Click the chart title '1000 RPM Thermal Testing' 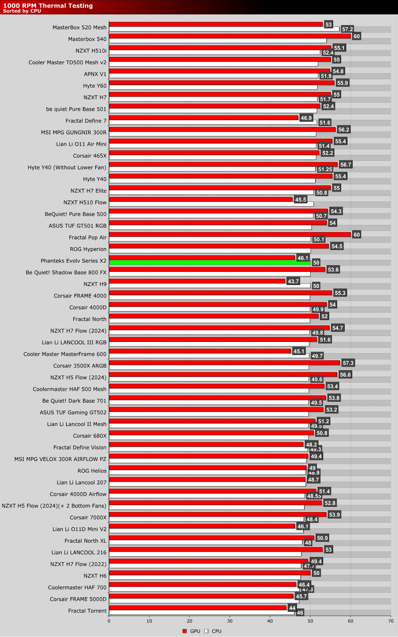coord(48,6)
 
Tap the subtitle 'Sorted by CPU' coord(22,11)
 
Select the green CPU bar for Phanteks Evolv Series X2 coord(209,263)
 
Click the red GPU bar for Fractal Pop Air coord(230,234)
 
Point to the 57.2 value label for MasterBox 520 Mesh coord(347,29)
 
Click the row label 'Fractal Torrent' coord(87,611)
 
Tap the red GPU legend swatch coord(184,631)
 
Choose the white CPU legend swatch coord(206,631)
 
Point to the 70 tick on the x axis coord(390,621)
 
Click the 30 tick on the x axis coord(230,621)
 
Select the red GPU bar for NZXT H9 coord(197,281)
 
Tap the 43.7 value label coord(293,281)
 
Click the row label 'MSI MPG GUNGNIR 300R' coord(74,133)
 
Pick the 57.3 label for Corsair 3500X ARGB coord(348,363)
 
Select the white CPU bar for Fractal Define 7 coord(213,122)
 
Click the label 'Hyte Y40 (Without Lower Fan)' coord(67,168)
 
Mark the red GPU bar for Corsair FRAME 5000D coord(201,596)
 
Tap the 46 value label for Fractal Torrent coord(300,613)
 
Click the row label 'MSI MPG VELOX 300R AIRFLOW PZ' coord(60,459)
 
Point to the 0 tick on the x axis coord(109,621)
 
